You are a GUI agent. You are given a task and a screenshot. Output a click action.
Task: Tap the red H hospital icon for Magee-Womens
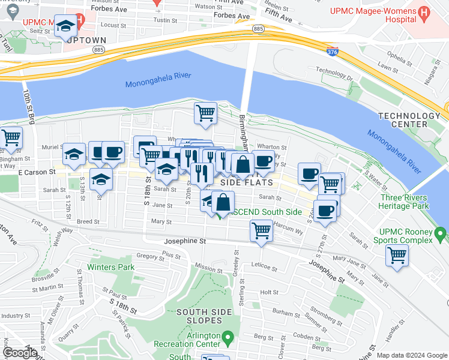tap(424, 12)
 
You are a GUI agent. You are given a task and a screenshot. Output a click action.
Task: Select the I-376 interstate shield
tap(332, 52)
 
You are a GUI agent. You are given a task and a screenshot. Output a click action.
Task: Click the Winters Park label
tap(110, 267)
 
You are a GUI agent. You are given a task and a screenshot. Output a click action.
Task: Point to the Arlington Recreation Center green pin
tap(227, 338)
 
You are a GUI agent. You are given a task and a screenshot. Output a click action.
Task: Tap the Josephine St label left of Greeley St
tap(185, 241)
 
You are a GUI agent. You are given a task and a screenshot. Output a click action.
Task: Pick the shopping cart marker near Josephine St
tap(261, 230)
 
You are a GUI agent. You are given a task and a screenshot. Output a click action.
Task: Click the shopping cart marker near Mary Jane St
tap(397, 255)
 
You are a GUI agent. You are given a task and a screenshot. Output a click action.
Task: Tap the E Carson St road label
tap(37, 172)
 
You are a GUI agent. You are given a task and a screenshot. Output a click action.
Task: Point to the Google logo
tap(20, 353)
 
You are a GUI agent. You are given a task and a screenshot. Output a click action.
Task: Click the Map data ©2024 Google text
tap(412, 355)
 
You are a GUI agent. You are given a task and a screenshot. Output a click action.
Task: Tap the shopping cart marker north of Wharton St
tap(205, 113)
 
